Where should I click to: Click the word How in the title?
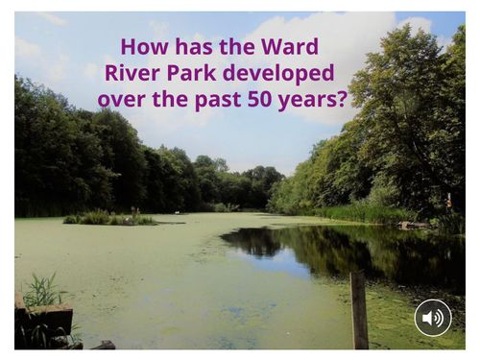point(142,46)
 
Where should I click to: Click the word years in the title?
point(308,99)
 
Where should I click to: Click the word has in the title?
point(192,46)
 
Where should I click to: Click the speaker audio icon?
point(433,318)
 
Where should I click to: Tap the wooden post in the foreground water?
point(359,309)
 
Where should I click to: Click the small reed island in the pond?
point(109,218)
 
